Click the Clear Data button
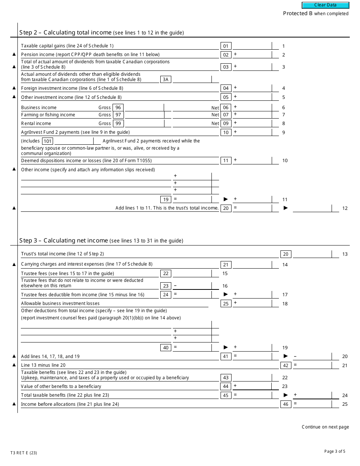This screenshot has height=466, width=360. tap(325, 5)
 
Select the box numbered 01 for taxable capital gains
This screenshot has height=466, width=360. tap(226, 46)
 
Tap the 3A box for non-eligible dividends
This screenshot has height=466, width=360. tap(166, 80)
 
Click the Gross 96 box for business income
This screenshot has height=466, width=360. tap(118, 108)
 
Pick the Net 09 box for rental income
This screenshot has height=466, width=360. tap(226, 123)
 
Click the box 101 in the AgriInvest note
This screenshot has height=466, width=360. tap(47, 141)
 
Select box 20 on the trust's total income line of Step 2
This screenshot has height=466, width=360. tap(226, 208)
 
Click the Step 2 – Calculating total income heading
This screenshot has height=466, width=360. tap(65, 33)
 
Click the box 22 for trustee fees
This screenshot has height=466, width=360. tap(166, 274)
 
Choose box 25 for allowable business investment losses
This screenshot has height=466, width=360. tap(226, 303)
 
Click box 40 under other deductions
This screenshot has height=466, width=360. tap(166, 347)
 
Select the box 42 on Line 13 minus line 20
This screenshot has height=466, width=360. tap(286, 366)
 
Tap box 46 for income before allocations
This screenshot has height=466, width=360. tap(286, 404)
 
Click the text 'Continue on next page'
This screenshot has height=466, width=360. tap(325, 427)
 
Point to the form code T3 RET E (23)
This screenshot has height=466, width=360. tap(23, 453)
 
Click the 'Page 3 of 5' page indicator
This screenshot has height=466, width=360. tap(335, 451)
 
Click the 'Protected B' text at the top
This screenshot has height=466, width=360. tap(298, 14)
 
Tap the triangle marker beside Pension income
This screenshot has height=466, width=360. tap(14, 55)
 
